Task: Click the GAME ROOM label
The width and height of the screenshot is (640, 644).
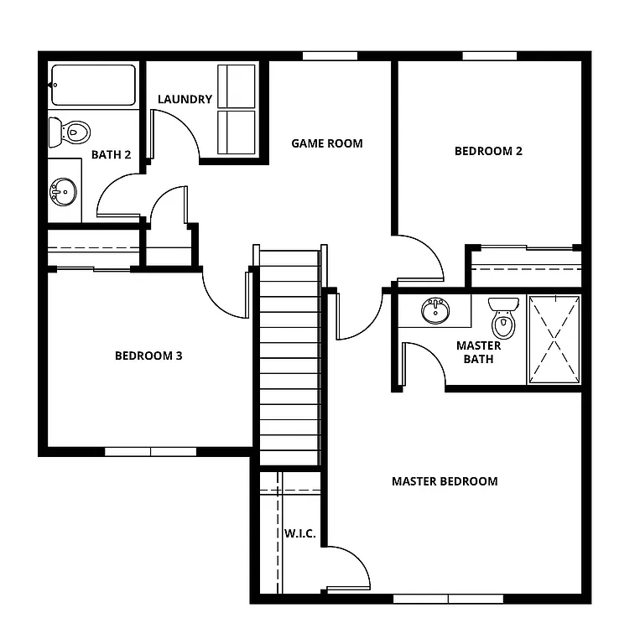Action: tap(327, 143)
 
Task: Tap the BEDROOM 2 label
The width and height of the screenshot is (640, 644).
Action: tap(488, 152)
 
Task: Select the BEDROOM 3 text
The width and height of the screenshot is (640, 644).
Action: tap(148, 356)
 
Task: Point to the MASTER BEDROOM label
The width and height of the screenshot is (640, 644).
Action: tap(445, 481)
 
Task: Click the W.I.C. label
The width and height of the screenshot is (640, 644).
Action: tap(299, 534)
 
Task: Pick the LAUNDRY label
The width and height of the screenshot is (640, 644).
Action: tap(185, 99)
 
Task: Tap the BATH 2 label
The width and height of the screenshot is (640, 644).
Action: tap(111, 154)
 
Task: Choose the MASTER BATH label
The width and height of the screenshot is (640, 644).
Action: tap(478, 352)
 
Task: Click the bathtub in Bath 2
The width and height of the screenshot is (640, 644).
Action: tap(92, 85)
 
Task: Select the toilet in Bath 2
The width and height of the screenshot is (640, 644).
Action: tap(70, 132)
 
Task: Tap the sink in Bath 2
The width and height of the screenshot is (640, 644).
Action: tap(63, 192)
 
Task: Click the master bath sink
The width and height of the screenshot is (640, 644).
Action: tap(434, 310)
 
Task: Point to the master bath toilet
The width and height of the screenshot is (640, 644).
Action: tap(503, 316)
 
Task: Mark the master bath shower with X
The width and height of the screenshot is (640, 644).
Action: tap(554, 340)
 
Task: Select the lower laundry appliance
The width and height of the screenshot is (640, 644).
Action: tap(236, 132)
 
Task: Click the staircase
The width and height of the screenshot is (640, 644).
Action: tap(289, 356)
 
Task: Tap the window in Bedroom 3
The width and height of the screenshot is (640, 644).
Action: tap(150, 451)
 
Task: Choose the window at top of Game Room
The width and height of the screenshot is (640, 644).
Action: tap(330, 56)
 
